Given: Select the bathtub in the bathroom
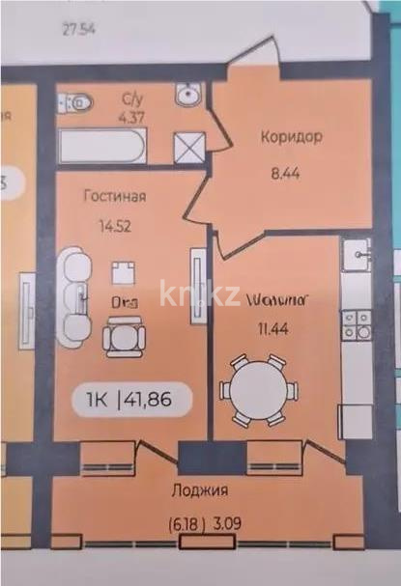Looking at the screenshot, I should (x=101, y=148).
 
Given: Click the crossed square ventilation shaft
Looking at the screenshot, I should (x=186, y=148).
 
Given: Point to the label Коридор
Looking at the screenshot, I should (x=291, y=137).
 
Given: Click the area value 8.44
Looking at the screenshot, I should (x=290, y=177).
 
